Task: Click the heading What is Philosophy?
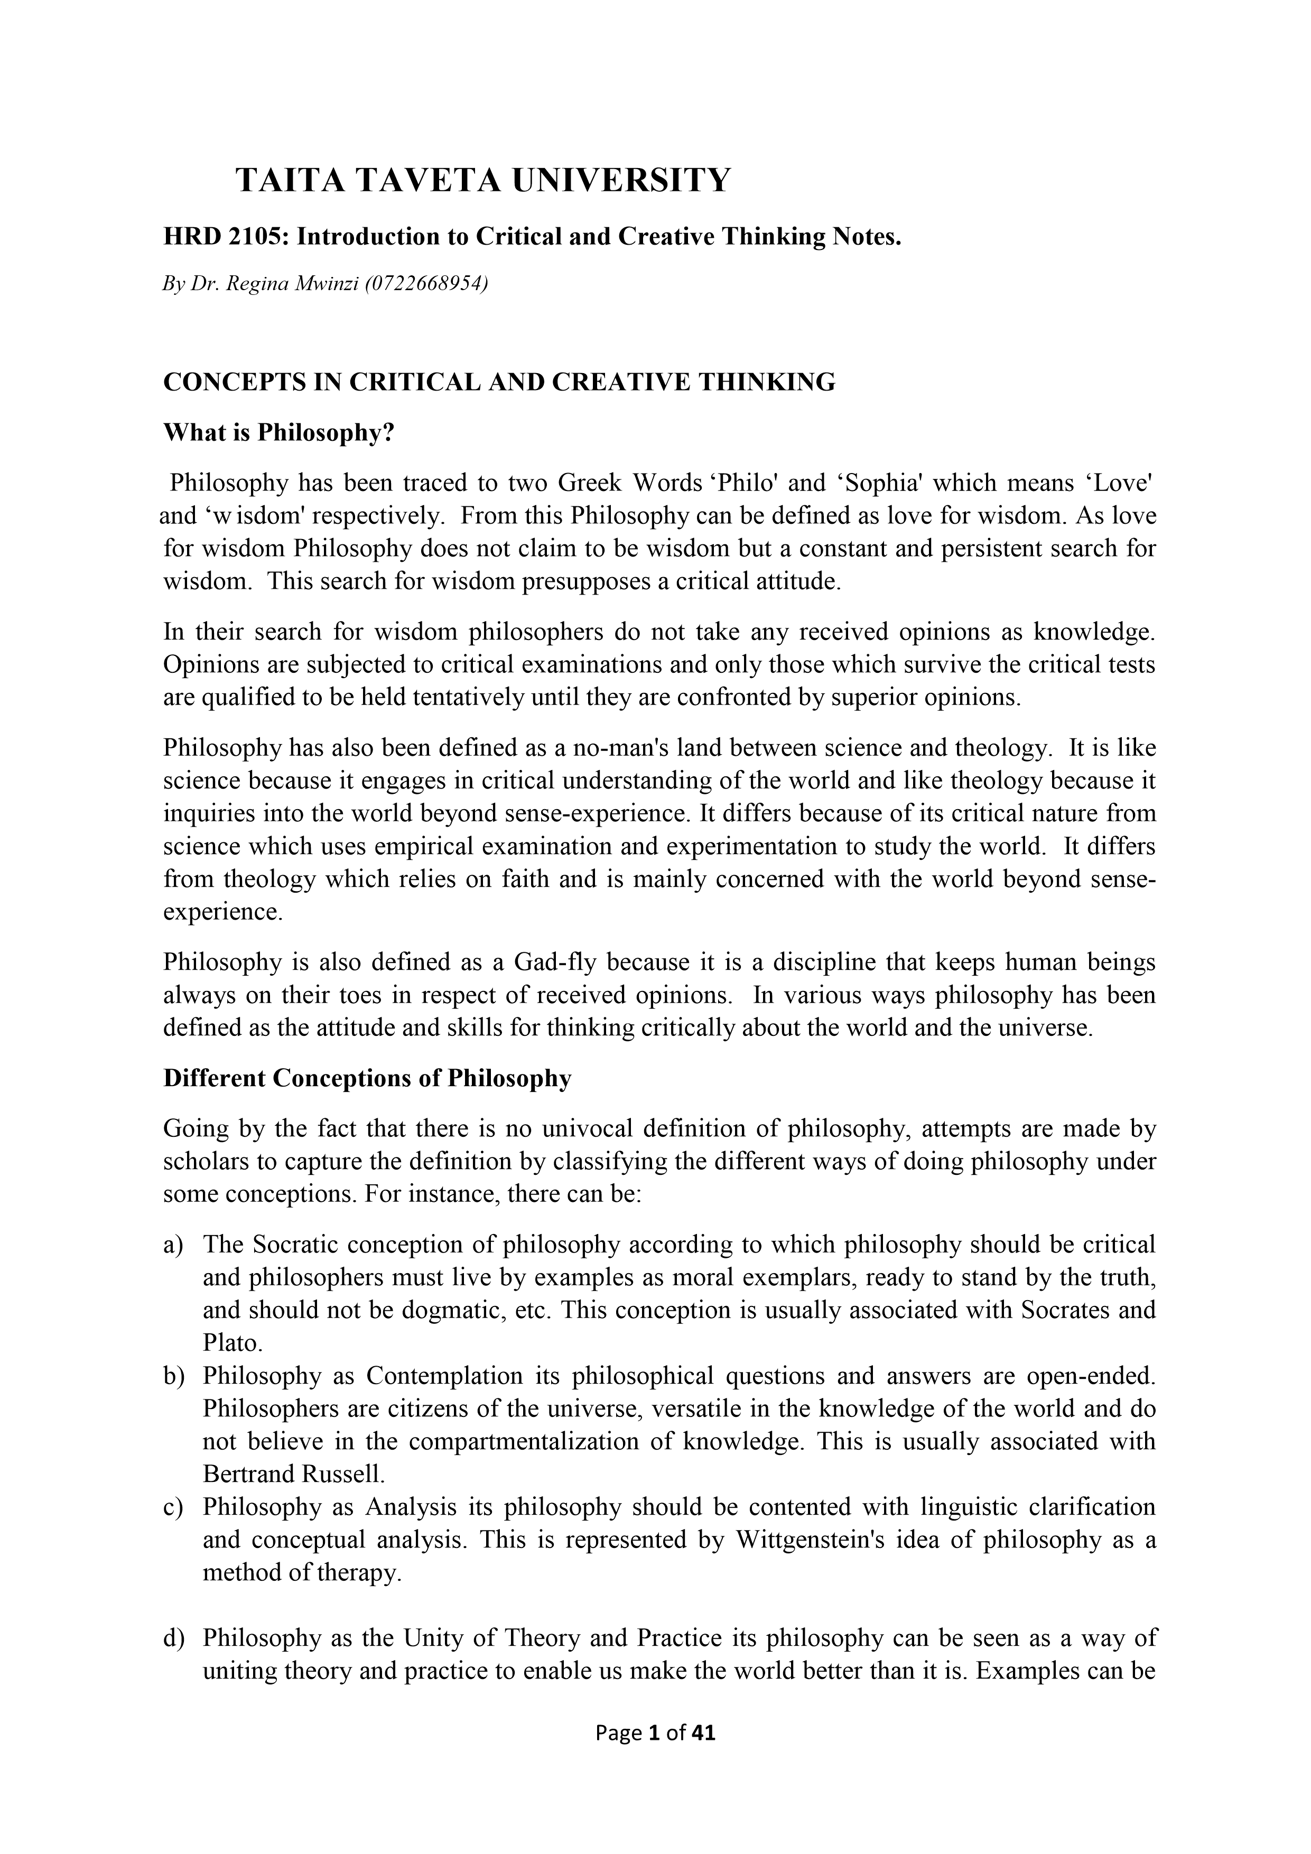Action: point(278,433)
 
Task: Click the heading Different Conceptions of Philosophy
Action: point(367,1079)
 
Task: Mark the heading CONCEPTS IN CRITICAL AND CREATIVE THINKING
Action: point(499,382)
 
